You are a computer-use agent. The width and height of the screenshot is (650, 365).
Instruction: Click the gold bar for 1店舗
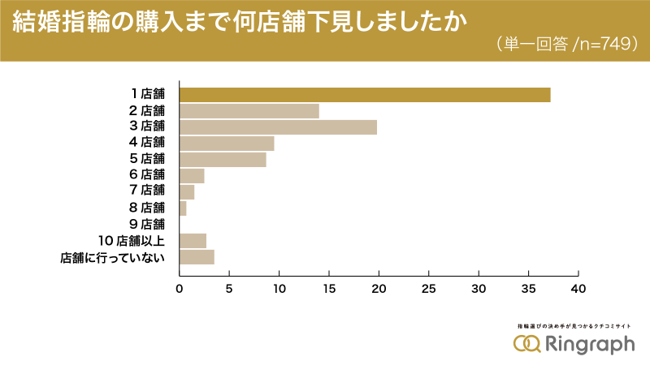(x=364, y=95)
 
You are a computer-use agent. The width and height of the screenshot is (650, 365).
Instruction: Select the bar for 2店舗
(x=249, y=111)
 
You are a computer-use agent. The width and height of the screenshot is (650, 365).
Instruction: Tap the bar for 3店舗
(x=278, y=127)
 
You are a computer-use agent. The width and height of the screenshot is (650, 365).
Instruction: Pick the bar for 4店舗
(x=227, y=144)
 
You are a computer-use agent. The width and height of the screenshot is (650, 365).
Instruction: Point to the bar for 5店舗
(x=223, y=160)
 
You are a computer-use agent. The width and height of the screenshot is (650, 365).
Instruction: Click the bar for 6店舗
(x=192, y=176)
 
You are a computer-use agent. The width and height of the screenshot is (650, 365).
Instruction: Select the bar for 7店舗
(x=187, y=192)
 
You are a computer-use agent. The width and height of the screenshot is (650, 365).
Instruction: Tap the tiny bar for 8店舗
(x=183, y=208)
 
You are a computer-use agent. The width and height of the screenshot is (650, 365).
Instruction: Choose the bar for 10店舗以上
(x=193, y=240)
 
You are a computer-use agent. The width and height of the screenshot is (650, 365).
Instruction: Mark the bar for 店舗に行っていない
(x=197, y=257)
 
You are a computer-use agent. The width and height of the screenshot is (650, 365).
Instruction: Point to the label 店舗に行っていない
(x=113, y=257)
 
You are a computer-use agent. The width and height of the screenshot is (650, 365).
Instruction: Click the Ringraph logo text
(x=589, y=344)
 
